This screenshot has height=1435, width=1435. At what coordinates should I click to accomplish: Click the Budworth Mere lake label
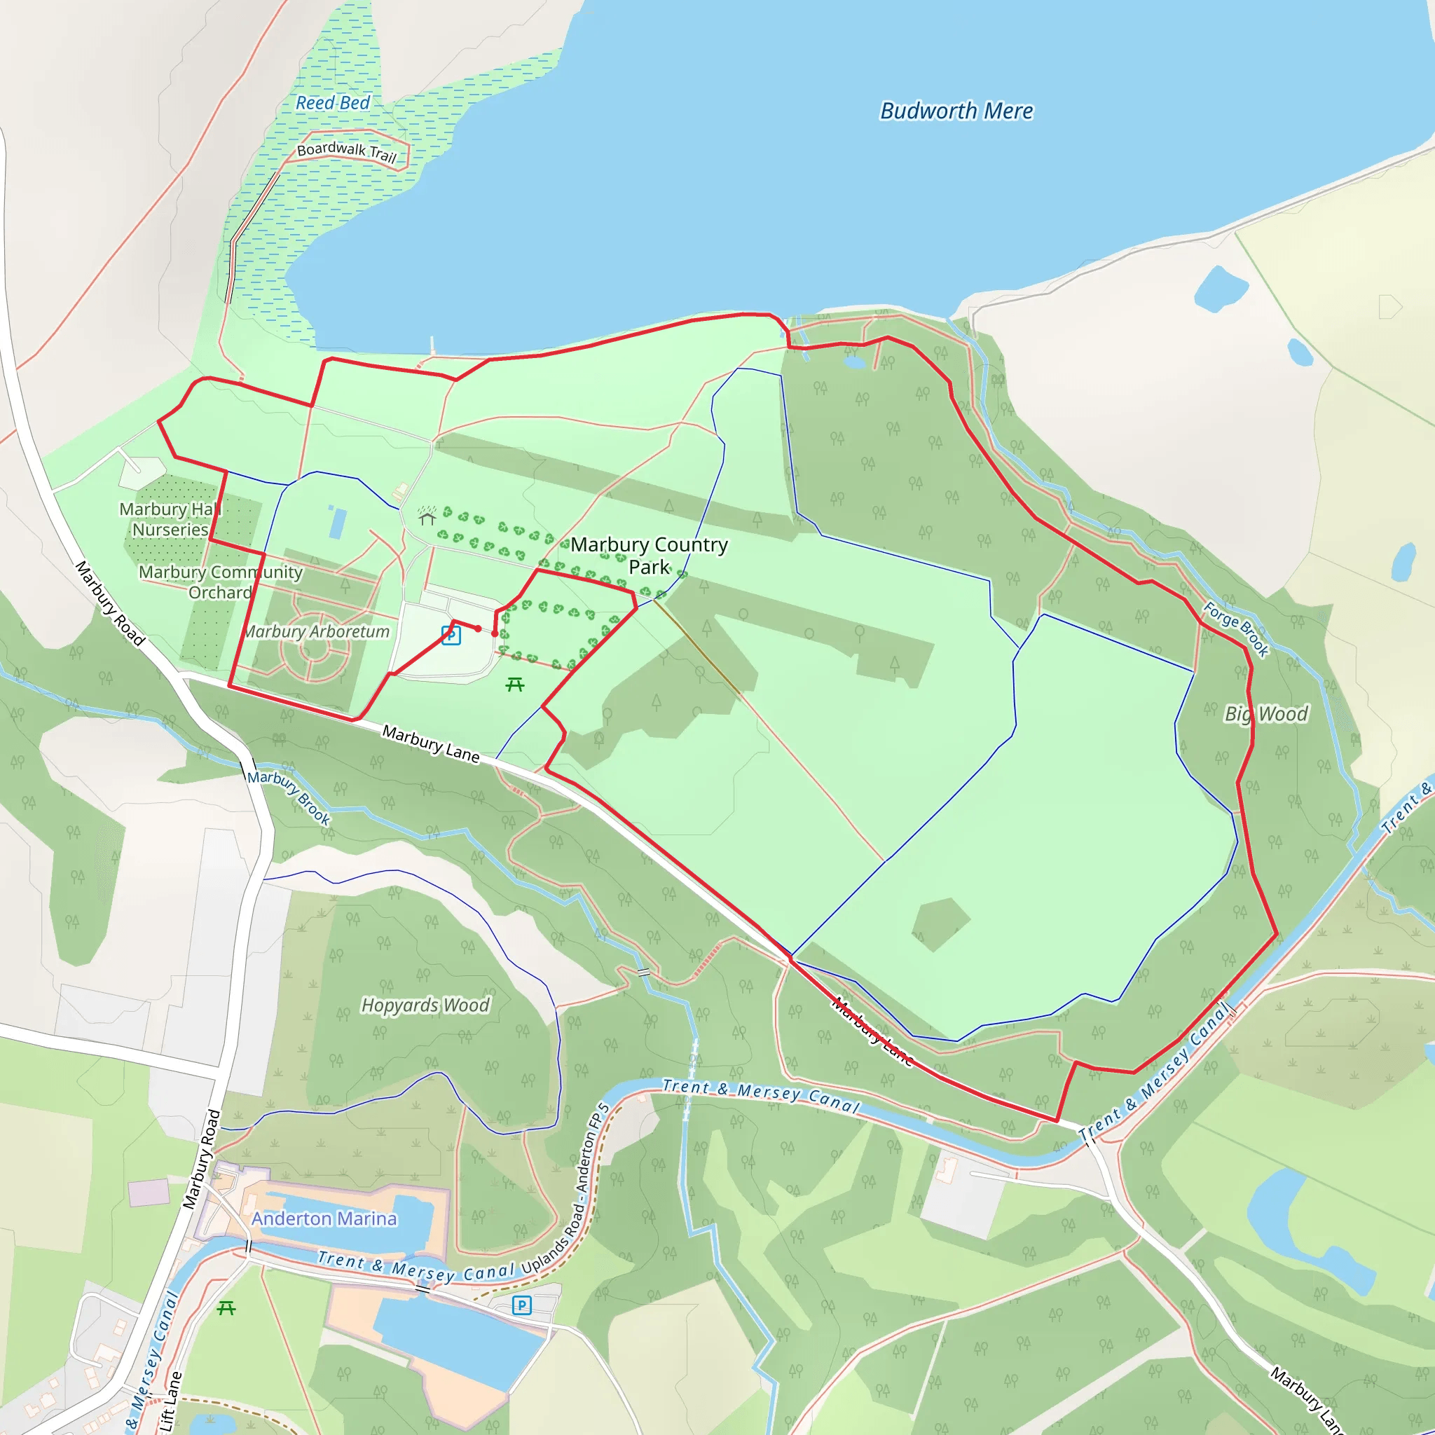click(x=956, y=111)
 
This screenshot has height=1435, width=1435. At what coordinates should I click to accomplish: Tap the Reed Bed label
click(x=332, y=102)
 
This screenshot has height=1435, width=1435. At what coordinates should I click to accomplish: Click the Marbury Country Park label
click(x=648, y=556)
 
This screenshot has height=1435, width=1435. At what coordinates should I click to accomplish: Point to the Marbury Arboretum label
click(x=317, y=631)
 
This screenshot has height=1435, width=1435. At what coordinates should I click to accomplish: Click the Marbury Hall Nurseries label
click(x=170, y=519)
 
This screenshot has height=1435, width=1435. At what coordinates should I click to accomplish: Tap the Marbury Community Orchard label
click(x=221, y=582)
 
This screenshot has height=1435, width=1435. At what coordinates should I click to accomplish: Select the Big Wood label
click(x=1265, y=714)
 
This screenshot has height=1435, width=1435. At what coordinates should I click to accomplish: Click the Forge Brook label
click(x=1236, y=629)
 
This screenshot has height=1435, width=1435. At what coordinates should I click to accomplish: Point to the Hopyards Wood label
click(x=425, y=1005)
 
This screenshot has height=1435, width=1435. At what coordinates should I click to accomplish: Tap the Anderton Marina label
click(x=324, y=1219)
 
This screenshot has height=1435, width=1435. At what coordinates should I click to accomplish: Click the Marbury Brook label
click(x=289, y=797)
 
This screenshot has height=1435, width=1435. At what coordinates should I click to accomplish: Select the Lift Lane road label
click(x=170, y=1401)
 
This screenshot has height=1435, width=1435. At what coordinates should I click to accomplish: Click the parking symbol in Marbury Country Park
click(x=451, y=635)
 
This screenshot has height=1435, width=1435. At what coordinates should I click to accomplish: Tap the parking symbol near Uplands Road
click(x=521, y=1305)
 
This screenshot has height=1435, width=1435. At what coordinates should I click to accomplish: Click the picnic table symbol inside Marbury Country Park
click(x=515, y=684)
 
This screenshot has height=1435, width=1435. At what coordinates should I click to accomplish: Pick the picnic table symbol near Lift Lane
click(x=226, y=1308)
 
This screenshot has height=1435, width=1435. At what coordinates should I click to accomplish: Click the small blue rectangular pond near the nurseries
click(x=337, y=522)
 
